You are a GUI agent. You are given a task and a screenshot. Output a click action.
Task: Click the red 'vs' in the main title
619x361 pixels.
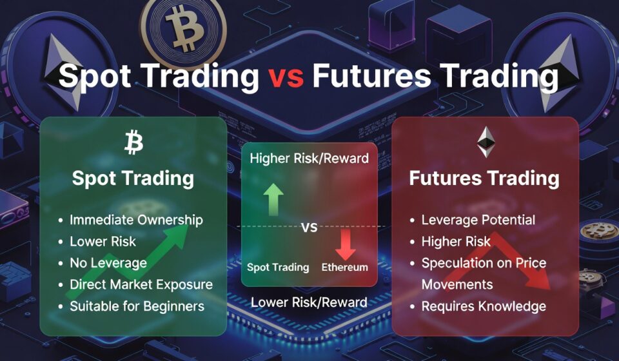click(x=286, y=76)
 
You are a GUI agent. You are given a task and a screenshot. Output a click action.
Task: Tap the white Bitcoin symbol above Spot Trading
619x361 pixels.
click(x=134, y=143)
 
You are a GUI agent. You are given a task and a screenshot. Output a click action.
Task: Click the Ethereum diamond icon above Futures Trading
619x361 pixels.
click(x=486, y=142)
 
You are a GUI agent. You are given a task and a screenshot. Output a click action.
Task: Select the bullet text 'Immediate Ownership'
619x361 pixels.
click(x=136, y=220)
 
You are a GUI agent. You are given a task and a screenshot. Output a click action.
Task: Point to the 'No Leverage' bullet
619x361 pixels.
click(x=108, y=263)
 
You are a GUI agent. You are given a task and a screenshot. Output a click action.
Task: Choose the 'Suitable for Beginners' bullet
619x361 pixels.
click(x=137, y=306)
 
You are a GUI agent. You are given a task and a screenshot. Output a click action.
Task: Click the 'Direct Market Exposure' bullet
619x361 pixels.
click(x=141, y=284)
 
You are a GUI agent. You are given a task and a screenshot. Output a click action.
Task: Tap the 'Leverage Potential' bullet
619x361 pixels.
click(x=478, y=220)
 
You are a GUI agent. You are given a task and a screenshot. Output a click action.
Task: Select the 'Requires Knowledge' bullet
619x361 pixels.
click(x=484, y=306)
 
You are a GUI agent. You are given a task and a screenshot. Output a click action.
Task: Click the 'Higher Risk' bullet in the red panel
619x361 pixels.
click(x=456, y=242)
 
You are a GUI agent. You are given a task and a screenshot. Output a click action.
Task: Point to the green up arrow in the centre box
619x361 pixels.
click(x=273, y=200)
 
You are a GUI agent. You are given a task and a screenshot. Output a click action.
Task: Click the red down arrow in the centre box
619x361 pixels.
click(x=346, y=244)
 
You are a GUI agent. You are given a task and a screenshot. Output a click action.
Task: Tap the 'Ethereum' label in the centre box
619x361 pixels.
click(x=344, y=267)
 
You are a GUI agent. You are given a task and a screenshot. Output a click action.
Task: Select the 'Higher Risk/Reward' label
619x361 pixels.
click(x=309, y=159)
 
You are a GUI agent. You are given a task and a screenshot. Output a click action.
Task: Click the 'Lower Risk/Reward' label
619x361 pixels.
click(x=309, y=302)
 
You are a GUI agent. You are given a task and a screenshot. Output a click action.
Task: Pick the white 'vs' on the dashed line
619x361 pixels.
click(x=309, y=228)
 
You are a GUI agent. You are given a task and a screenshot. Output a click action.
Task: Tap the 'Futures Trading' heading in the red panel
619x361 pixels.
click(x=484, y=178)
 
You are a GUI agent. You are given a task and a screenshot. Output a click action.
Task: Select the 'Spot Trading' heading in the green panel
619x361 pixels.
click(x=133, y=179)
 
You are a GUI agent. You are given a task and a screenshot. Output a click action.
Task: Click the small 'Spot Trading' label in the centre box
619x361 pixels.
click(x=278, y=268)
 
